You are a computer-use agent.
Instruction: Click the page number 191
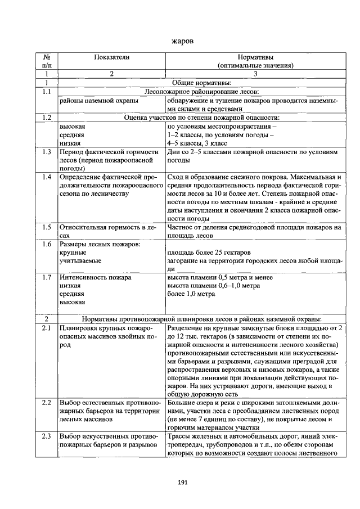pos(182,482)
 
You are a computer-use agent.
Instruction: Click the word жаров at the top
pos(182,41)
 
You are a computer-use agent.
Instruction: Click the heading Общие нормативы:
pos(204,83)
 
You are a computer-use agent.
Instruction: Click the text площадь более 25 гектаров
pos(209,252)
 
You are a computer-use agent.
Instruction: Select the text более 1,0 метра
pos(191,294)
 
